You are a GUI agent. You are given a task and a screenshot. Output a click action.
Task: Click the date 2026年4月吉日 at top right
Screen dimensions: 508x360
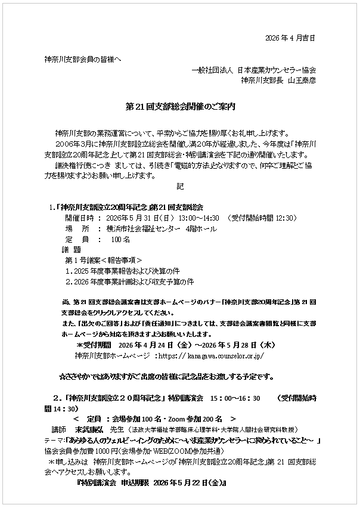coord(289,39)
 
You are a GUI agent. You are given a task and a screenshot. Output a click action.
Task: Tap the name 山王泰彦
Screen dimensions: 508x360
coord(302,79)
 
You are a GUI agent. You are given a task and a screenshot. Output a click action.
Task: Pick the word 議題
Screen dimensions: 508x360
coord(71,250)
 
